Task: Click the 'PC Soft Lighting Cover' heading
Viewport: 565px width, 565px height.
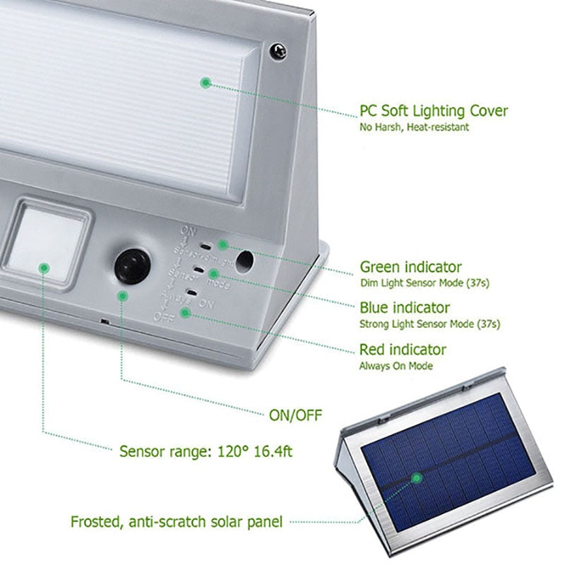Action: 433,111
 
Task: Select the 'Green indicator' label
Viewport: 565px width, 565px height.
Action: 410,267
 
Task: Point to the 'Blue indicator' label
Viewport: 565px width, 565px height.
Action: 404,308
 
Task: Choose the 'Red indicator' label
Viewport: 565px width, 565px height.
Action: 403,350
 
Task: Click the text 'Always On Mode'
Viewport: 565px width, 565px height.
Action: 395,366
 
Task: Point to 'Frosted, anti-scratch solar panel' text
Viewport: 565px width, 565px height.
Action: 177,523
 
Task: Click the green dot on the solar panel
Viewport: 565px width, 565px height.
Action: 417,478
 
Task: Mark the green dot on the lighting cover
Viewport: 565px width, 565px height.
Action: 205,83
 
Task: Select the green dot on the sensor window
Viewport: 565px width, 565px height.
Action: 44,268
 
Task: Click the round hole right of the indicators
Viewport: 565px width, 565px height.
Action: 245,261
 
